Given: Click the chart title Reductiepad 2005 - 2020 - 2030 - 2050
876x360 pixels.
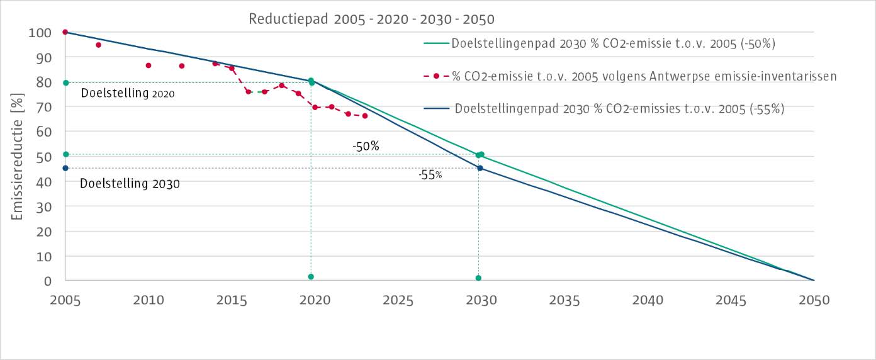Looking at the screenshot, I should (x=371, y=18).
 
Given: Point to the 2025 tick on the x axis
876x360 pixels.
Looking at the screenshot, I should (x=398, y=300).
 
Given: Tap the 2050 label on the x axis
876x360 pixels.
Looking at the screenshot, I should (x=814, y=300).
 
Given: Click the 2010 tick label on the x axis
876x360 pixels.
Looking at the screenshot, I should (x=148, y=300).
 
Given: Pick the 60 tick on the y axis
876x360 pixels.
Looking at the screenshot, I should (x=43, y=132).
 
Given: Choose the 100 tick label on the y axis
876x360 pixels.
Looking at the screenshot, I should (x=40, y=32).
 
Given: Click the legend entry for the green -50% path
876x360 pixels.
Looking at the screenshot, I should (x=613, y=44).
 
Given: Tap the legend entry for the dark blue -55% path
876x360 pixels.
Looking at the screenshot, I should (x=619, y=108).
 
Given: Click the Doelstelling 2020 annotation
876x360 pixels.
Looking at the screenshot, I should (x=128, y=94).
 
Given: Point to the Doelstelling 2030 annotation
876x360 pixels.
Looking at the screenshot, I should (x=130, y=184).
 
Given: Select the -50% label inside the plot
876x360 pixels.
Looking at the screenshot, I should (x=366, y=147).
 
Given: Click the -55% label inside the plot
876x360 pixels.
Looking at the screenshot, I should (x=430, y=176).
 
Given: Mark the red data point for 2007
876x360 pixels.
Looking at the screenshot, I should (x=98, y=45).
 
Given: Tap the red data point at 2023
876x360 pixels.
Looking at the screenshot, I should (x=364, y=116).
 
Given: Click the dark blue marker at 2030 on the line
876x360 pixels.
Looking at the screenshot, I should (x=480, y=168).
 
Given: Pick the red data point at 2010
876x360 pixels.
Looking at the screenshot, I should (x=148, y=65).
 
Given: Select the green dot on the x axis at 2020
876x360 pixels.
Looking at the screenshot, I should (x=311, y=277).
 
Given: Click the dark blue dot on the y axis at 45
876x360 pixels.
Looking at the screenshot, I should (x=65, y=168).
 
